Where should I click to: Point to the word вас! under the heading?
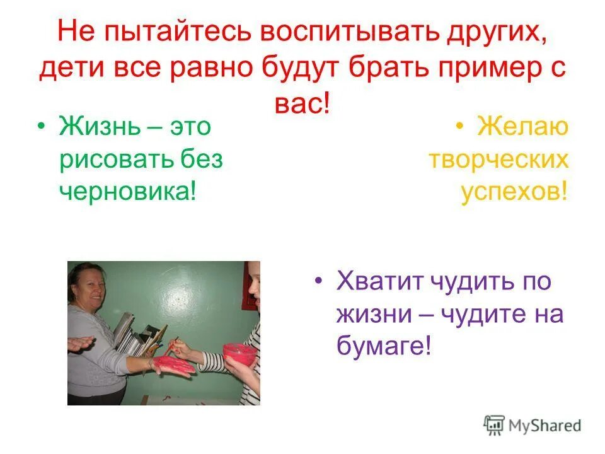tap(302, 102)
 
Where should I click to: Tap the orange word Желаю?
tap(522, 127)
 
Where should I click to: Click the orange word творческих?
tap(498, 160)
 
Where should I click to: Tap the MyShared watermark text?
tap(544, 426)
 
